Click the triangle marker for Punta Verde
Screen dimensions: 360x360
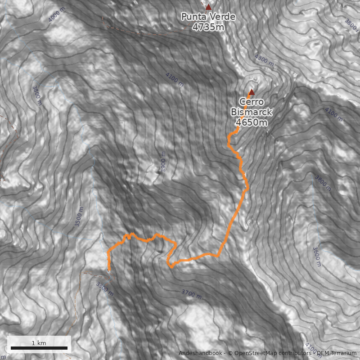(208, 7)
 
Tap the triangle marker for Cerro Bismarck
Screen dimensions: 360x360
(252, 92)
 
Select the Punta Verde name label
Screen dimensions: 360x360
(208, 17)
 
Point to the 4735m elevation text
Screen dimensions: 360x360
(208, 27)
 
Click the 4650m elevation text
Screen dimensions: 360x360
(251, 122)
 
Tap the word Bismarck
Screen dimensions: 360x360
(251, 112)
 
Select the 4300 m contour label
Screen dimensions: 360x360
(264, 60)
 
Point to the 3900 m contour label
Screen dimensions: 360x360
(163, 162)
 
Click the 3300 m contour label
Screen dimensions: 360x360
(105, 288)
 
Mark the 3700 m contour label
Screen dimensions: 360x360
(192, 295)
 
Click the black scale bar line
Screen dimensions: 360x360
(39, 348)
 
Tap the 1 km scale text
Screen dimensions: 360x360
(39, 343)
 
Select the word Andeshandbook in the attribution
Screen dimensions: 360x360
(201, 353)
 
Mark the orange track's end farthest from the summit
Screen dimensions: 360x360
(109, 270)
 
